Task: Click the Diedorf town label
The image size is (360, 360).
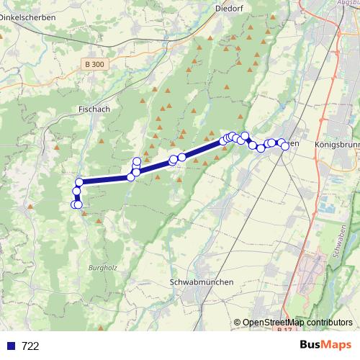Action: pyautogui.click(x=230, y=9)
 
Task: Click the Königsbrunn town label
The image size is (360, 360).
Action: pyautogui.click(x=336, y=145)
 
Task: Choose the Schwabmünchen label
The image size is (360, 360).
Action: pyautogui.click(x=201, y=282)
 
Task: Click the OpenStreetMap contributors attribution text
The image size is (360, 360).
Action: pyautogui.click(x=297, y=323)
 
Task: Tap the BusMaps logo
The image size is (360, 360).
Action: pyautogui.click(x=321, y=345)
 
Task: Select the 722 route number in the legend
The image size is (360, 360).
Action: pyautogui.click(x=30, y=346)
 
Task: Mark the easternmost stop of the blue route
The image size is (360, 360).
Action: pyautogui.click(x=285, y=146)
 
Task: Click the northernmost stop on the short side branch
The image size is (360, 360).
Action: pyautogui.click(x=137, y=161)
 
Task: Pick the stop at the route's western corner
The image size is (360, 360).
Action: pyautogui.click(x=79, y=181)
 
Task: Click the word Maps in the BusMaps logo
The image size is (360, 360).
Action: pyautogui.click(x=333, y=345)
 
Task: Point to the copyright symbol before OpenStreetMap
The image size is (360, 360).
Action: pyautogui.click(x=238, y=323)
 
